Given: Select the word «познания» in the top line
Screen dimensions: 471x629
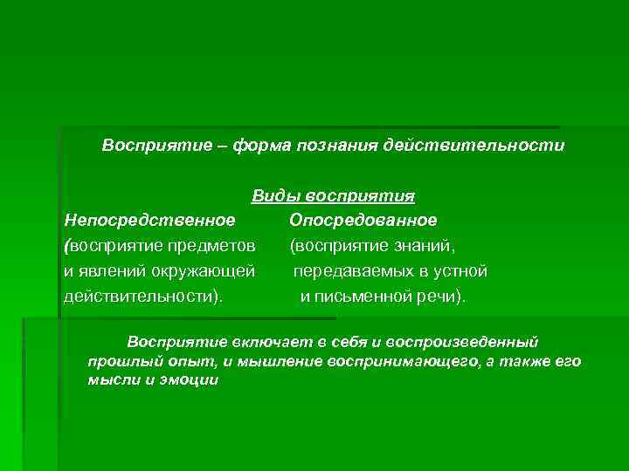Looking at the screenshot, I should point(332,144).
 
